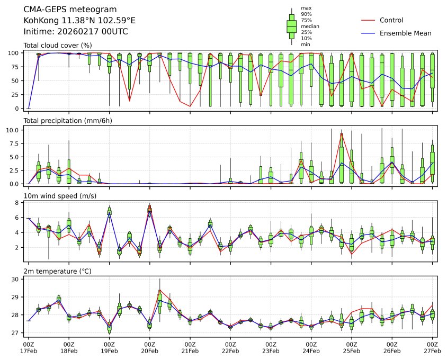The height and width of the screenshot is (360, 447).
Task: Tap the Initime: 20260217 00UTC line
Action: pos(76,32)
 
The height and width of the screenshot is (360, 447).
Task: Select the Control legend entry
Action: pos(391,20)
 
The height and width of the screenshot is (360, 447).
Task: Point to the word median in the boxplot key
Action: pos(310,26)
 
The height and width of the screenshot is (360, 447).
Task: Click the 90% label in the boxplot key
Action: pos(306,14)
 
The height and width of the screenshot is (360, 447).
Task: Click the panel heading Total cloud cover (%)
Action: pos(58,46)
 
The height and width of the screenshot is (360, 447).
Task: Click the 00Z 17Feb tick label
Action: pos(29,347)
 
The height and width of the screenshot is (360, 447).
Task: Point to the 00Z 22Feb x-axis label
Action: pos(230,347)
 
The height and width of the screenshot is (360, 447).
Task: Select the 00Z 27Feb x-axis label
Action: pos(432,347)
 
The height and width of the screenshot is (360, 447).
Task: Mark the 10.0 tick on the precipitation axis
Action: pos(14,130)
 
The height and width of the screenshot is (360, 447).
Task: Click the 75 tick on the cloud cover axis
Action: pos(16,67)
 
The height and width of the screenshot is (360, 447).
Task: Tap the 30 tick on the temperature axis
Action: pos(16,279)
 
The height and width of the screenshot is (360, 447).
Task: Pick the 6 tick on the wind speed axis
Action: pos(18,218)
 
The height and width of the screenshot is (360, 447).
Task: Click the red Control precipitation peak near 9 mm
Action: pos(342,134)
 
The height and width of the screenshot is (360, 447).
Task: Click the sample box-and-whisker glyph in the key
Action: pos(291,26)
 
